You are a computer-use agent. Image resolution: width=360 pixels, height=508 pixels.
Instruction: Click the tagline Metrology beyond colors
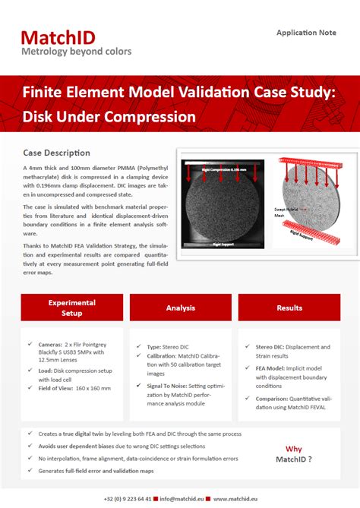click(76, 52)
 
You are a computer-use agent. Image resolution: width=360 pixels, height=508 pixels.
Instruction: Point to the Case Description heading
click(57, 153)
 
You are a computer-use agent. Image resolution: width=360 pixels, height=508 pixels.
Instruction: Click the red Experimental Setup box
click(72, 308)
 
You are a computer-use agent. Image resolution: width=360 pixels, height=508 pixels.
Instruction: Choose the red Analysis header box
click(180, 308)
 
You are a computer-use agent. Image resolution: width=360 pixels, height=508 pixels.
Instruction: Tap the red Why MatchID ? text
click(293, 453)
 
